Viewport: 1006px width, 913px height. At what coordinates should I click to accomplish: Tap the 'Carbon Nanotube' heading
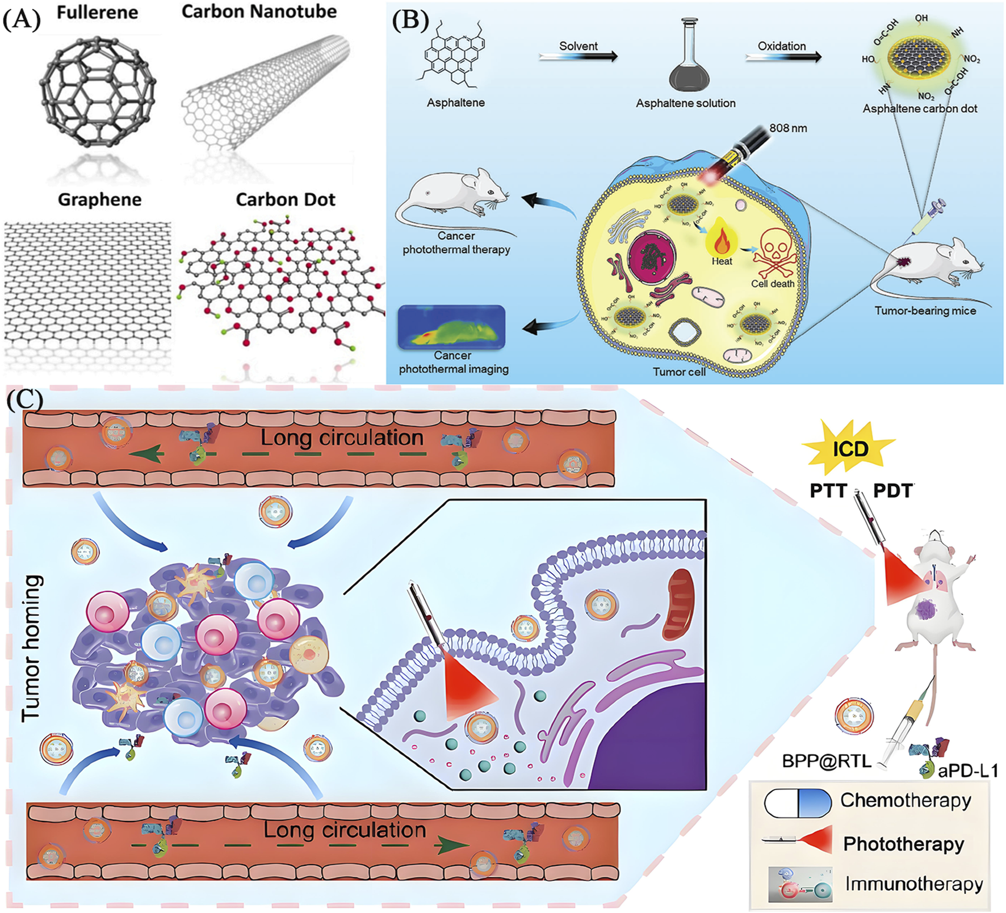pos(259,11)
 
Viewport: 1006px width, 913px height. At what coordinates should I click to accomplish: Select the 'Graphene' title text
pos(99,200)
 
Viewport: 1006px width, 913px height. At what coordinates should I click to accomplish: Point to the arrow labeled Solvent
pos(578,56)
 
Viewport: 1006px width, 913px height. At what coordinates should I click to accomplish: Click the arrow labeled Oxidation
pos(782,56)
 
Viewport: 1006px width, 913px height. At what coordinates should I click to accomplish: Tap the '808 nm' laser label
pos(788,128)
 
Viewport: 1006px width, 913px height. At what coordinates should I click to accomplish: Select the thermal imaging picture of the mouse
pos(451,327)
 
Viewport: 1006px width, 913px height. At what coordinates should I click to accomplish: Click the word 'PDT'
pos(893,490)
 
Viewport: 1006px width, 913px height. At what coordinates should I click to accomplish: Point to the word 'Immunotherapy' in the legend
pos(913,883)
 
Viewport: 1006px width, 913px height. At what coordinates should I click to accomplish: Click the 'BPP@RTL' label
pos(826,761)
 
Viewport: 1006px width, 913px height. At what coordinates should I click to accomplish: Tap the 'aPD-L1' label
pos(967,771)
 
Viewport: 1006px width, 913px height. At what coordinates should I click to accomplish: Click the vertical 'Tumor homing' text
pos(32,648)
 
